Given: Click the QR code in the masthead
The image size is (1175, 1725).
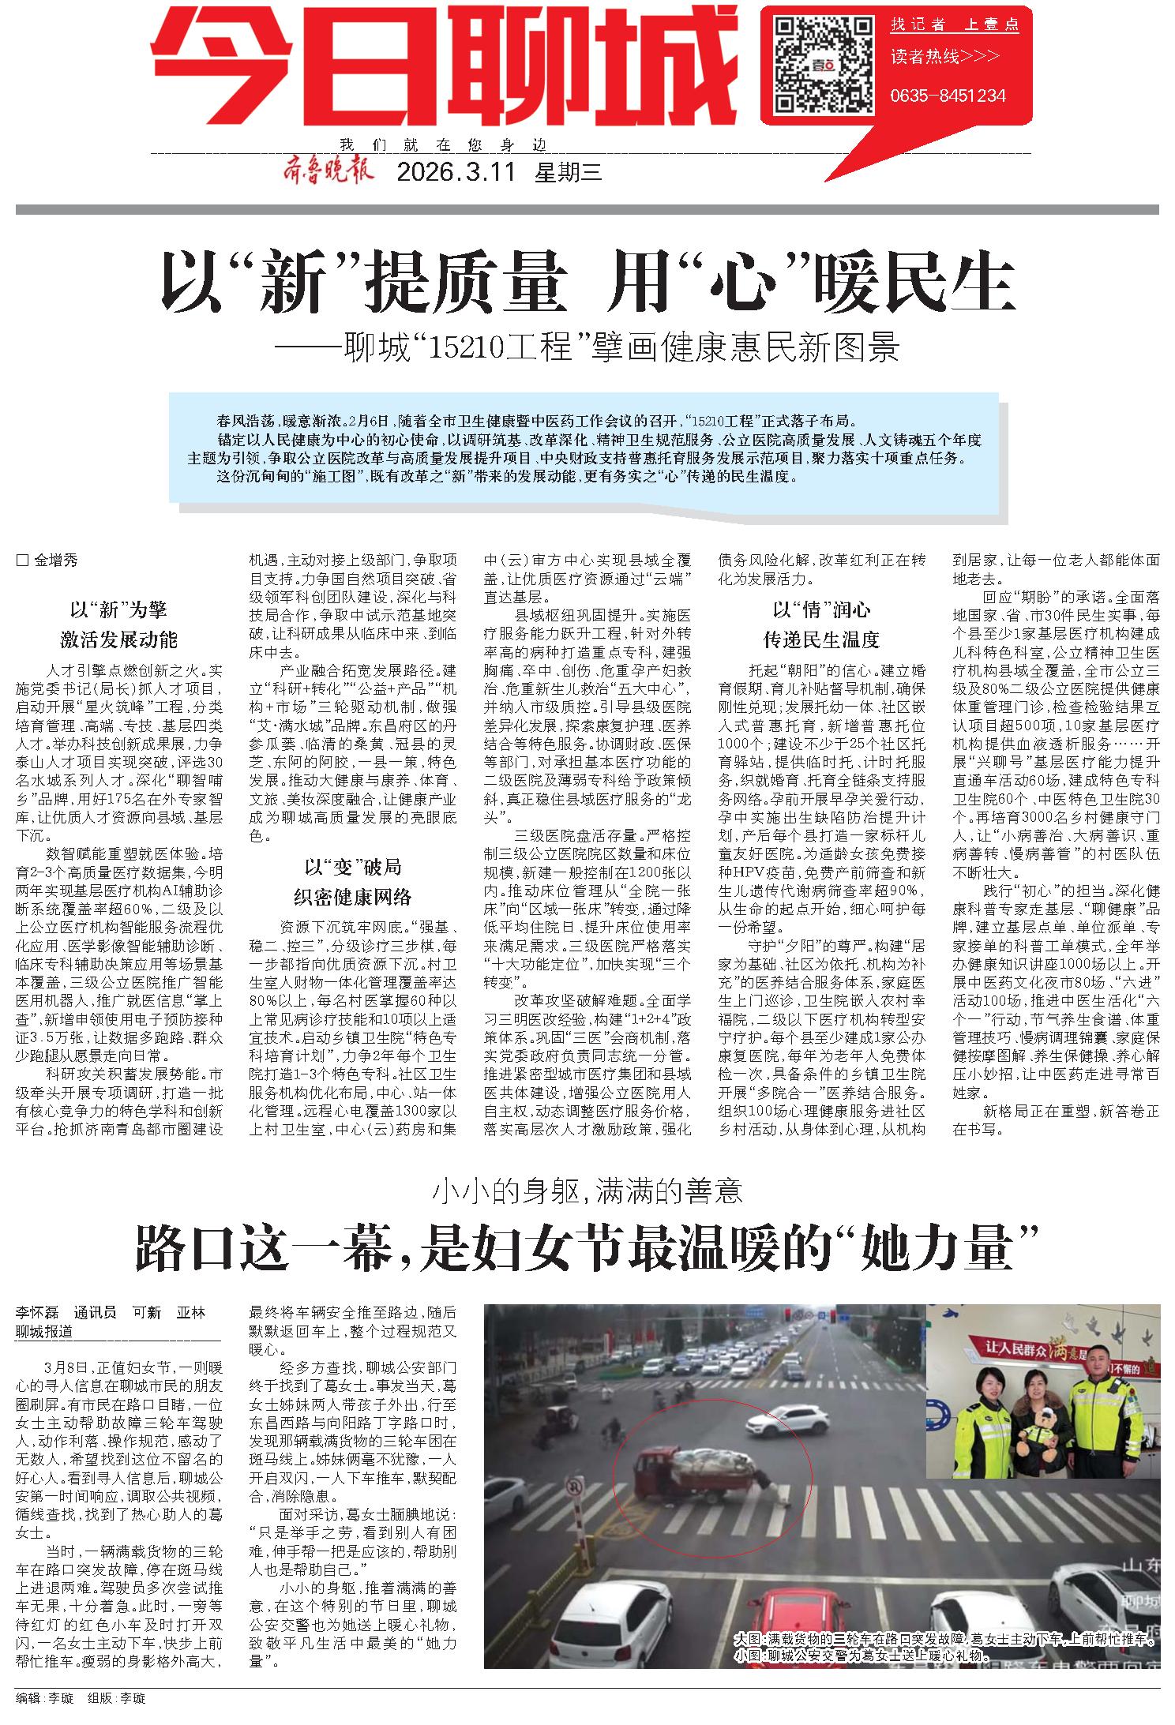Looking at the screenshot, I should [x=821, y=66].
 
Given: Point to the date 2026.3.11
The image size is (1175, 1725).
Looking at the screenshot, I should [x=456, y=172].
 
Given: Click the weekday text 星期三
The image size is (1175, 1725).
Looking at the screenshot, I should [x=569, y=172].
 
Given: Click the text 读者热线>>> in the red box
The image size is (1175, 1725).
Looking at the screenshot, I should [x=944, y=57].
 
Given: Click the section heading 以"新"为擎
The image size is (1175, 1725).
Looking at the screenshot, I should [x=118, y=609].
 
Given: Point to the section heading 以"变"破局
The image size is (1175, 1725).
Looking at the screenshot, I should [x=353, y=868].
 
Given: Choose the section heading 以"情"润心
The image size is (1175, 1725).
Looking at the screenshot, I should [x=821, y=609].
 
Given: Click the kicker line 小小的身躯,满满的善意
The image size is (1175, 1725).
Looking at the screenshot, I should [x=587, y=1190].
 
